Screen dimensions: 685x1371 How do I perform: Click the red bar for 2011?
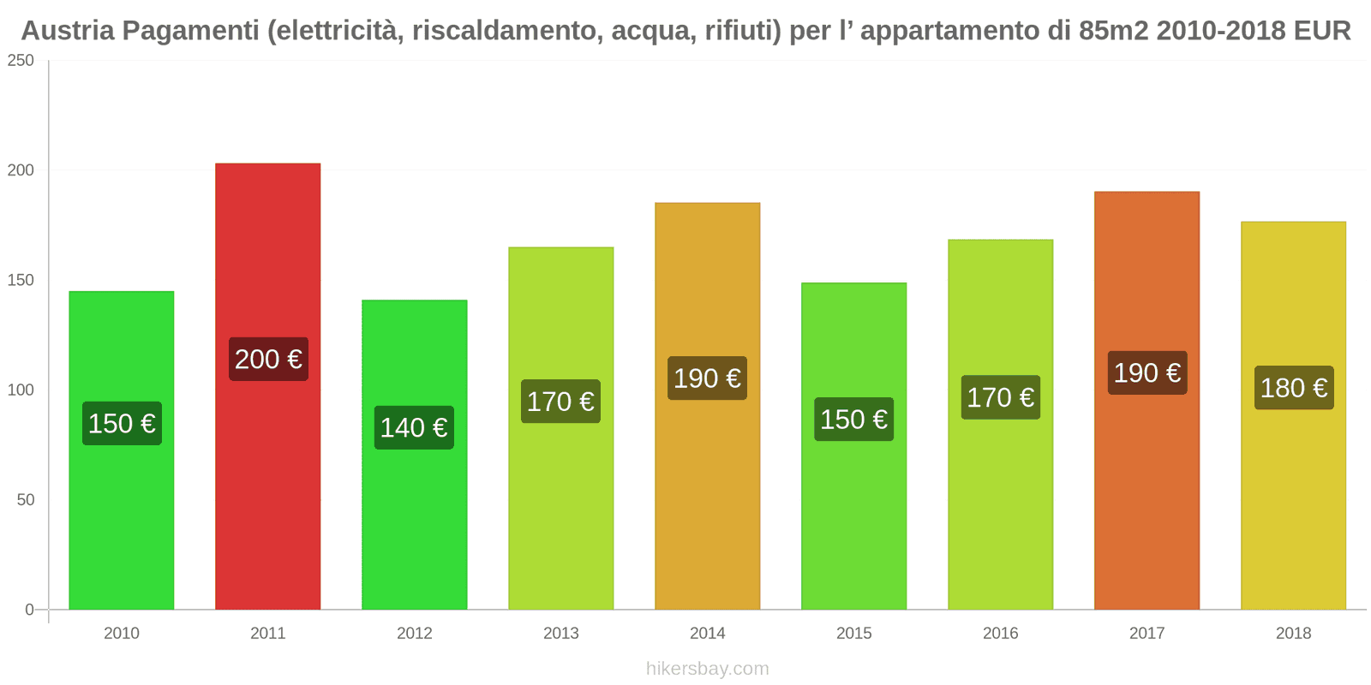[x=267, y=257]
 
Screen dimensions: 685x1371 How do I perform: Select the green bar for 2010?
[x=121, y=514]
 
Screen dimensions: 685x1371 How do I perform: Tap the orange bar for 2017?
[x=1146, y=274]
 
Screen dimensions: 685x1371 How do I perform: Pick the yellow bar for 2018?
[x=1293, y=300]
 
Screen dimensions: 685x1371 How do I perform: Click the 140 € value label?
[x=414, y=427]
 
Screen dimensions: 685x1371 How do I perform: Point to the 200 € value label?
[x=268, y=359]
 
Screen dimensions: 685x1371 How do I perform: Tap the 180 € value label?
[x=1294, y=388]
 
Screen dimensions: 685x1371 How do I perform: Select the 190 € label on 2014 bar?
[x=707, y=378]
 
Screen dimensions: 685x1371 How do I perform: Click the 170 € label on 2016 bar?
[x=1000, y=397]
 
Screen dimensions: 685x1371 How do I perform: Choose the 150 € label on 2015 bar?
[x=853, y=420]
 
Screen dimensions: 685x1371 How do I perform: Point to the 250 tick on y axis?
[x=21, y=61]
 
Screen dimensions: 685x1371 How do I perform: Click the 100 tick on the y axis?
[x=21, y=390]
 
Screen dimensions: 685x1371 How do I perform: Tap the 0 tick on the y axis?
[x=29, y=610]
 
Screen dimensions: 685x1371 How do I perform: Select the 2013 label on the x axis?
[x=560, y=633]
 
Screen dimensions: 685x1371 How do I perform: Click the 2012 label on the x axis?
[x=414, y=633]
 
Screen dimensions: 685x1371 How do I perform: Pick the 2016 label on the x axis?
[x=1000, y=633]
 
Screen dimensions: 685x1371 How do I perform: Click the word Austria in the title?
[x=68, y=31]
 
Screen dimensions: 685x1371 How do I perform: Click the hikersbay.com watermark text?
[x=707, y=669]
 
